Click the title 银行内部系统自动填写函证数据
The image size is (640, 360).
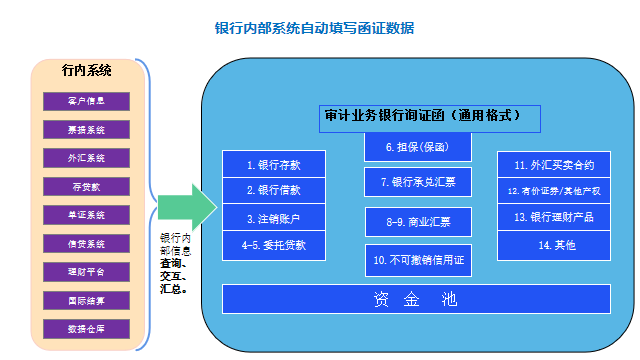tap(315, 28)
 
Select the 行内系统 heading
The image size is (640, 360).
tap(86, 71)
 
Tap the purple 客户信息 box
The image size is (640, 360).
tap(86, 100)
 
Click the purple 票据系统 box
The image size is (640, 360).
tap(86, 129)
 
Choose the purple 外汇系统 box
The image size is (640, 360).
tap(86, 157)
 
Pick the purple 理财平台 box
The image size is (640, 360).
tap(86, 271)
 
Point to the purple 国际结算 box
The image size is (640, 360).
tap(86, 300)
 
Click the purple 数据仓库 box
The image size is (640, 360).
tap(86, 328)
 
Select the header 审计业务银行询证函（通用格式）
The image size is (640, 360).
tap(431, 117)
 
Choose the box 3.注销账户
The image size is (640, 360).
tap(273, 217)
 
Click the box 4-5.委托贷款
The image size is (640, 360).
tap(273, 244)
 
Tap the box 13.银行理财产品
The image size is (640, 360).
tap(553, 217)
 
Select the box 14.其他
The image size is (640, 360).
tap(553, 244)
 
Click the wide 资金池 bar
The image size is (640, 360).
tap(415, 298)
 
